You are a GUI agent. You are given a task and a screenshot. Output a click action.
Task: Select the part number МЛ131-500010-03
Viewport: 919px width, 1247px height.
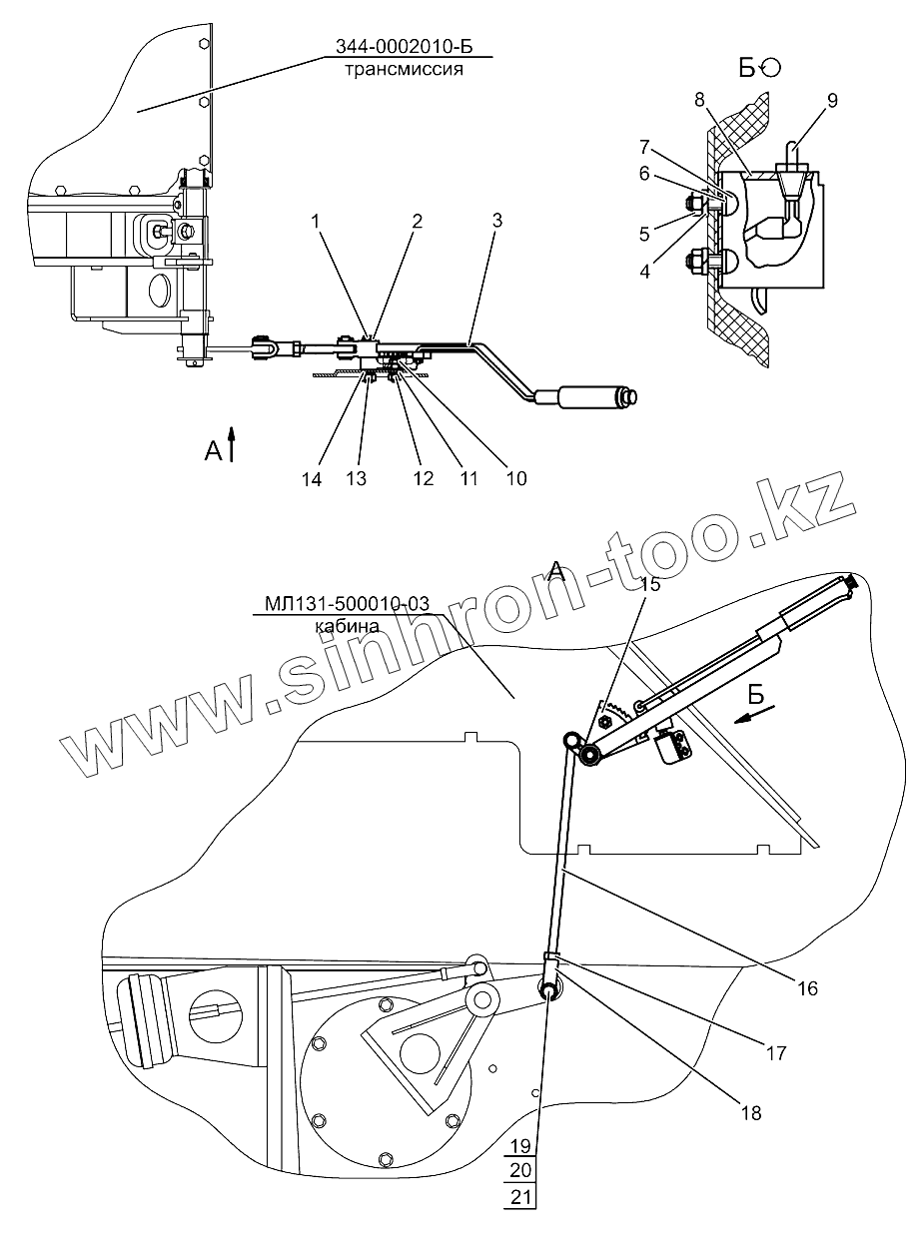pyautogui.click(x=347, y=603)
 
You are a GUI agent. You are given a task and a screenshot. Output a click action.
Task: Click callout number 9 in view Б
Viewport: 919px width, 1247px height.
pyautogui.click(x=833, y=100)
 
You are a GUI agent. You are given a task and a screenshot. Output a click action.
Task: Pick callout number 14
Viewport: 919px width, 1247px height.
pyautogui.click(x=312, y=479)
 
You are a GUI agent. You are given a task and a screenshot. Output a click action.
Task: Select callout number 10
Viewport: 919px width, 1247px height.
pyautogui.click(x=515, y=479)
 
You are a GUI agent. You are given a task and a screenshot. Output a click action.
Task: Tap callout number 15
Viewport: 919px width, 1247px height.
pyautogui.click(x=651, y=586)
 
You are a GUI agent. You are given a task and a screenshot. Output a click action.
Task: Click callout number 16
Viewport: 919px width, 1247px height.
pyautogui.click(x=807, y=988)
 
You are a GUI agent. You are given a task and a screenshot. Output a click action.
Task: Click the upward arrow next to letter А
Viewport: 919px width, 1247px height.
pyautogui.click(x=232, y=444)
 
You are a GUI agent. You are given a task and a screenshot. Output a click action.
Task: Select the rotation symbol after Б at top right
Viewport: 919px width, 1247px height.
pyautogui.click(x=771, y=67)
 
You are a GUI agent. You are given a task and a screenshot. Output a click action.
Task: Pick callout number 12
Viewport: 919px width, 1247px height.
pyautogui.click(x=423, y=479)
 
